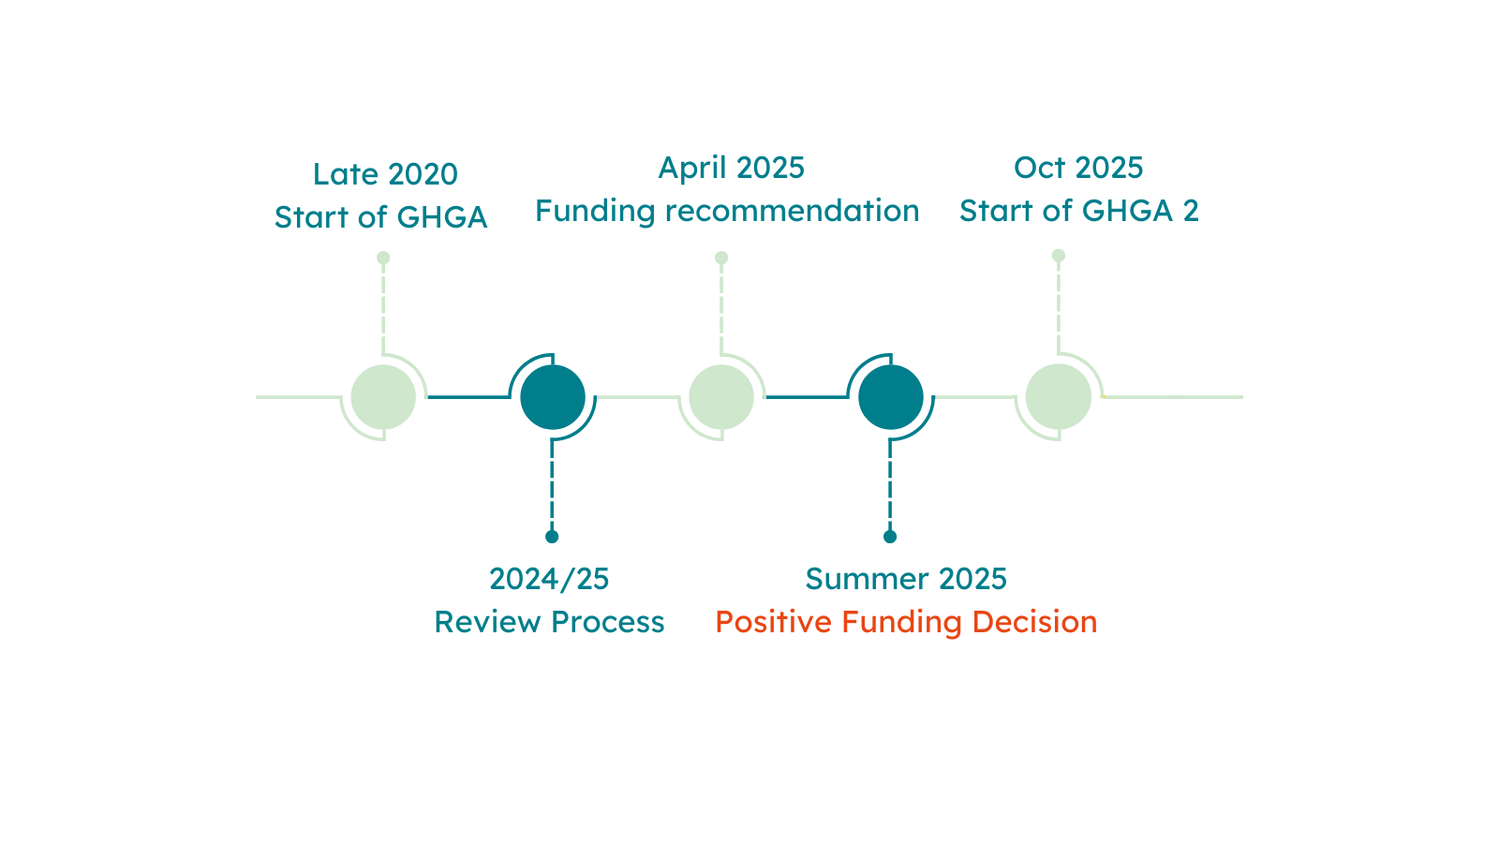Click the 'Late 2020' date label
[x=385, y=174]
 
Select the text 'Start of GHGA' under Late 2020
[x=380, y=216]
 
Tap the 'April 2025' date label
[x=732, y=169]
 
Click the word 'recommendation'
[x=793, y=211]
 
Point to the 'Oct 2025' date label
[x=1078, y=168]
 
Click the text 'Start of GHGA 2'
[x=1079, y=211]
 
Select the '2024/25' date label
[x=549, y=580]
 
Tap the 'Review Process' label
[x=549, y=622]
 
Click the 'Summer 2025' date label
[x=906, y=579]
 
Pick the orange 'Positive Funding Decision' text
[x=906, y=622]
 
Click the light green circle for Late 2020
[x=383, y=397]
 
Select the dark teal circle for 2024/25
[x=553, y=397]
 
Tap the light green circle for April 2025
[x=721, y=397]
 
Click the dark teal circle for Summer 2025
[x=891, y=397]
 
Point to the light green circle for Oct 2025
[x=1059, y=397]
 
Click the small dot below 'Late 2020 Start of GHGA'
[x=383, y=258]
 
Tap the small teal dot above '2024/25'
[x=552, y=537]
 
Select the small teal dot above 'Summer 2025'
[x=890, y=537]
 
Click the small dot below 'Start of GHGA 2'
[x=1059, y=256]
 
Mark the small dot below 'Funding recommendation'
[x=721, y=258]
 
